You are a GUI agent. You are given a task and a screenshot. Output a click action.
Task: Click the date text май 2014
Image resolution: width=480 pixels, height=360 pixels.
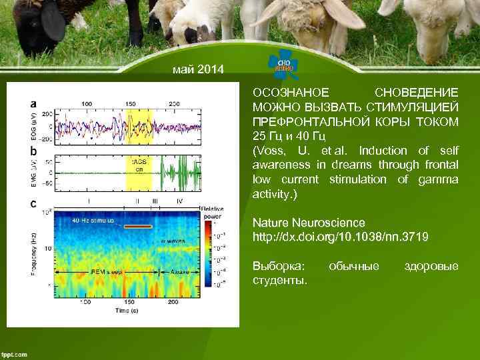(199, 70)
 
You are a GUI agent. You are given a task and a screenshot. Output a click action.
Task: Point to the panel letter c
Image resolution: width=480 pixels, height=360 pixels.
(33, 203)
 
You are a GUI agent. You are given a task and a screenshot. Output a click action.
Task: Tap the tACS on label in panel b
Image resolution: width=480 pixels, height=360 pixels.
(140, 165)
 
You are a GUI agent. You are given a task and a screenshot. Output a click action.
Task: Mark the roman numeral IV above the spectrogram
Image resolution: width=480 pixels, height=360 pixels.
(179, 201)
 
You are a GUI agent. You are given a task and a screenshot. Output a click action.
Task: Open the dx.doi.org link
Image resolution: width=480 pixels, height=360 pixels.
(341, 237)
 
